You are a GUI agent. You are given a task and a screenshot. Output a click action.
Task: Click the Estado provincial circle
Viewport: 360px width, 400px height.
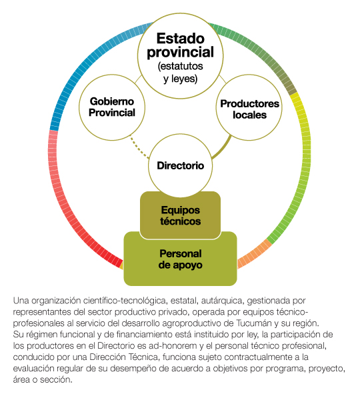click(x=180, y=56)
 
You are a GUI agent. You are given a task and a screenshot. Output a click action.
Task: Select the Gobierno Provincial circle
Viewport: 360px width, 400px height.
click(x=112, y=107)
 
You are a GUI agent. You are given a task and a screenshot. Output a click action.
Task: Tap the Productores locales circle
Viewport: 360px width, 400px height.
click(x=249, y=107)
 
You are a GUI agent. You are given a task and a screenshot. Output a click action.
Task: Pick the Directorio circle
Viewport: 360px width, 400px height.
click(x=180, y=165)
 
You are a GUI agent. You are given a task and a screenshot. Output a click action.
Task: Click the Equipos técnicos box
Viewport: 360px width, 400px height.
click(x=180, y=215)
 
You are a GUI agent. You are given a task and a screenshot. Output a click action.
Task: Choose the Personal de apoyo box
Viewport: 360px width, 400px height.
click(x=180, y=259)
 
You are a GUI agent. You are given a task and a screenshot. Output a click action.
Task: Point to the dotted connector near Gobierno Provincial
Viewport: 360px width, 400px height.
click(x=139, y=148)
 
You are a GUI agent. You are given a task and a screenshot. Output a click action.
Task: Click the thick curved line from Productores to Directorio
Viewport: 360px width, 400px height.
click(x=223, y=148)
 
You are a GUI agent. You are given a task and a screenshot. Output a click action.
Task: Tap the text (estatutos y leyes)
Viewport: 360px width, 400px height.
click(x=180, y=73)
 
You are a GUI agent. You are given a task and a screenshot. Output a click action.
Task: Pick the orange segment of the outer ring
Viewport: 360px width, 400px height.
click(x=254, y=253)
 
